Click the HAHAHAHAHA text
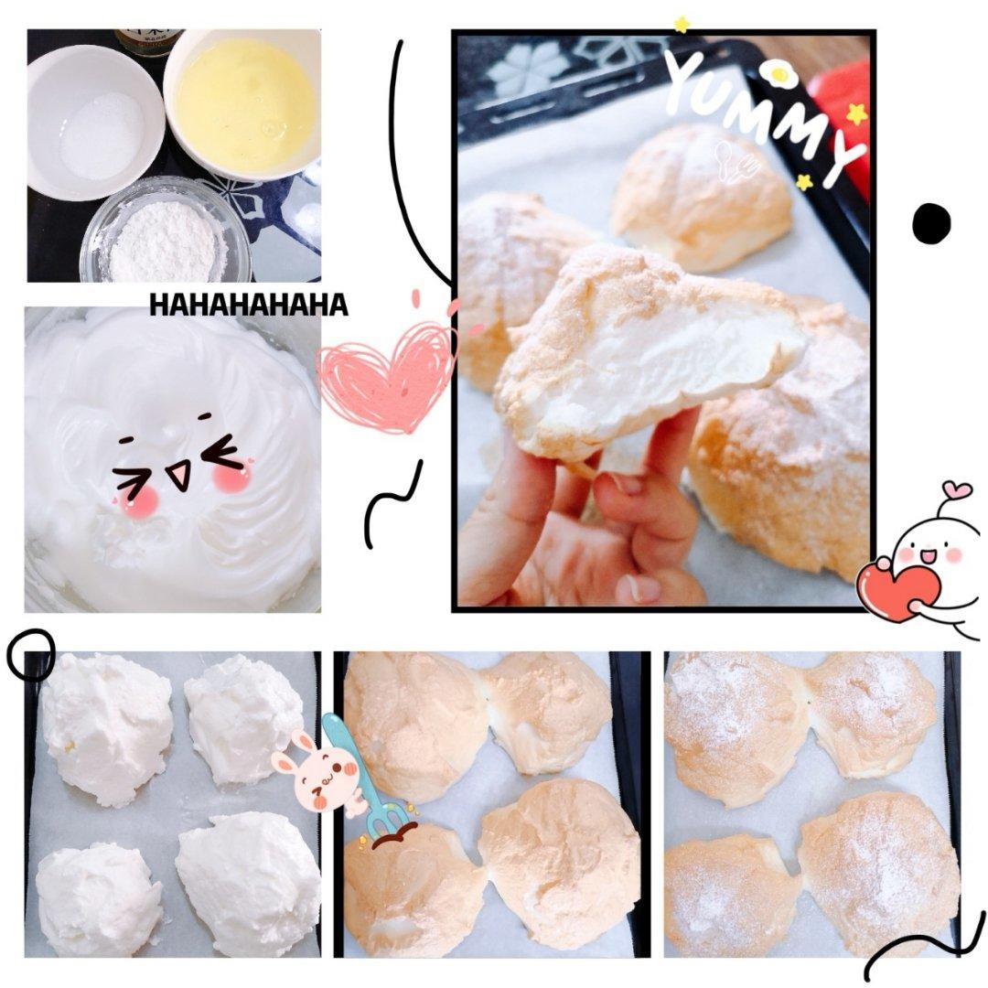(x=248, y=305)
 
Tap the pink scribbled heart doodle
(x=387, y=377)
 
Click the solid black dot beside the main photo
(x=931, y=223)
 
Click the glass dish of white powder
(x=166, y=231)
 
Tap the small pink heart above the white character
(x=957, y=489)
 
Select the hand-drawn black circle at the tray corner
(x=31, y=655)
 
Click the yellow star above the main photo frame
(x=681, y=25)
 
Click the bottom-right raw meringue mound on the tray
(x=248, y=881)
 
